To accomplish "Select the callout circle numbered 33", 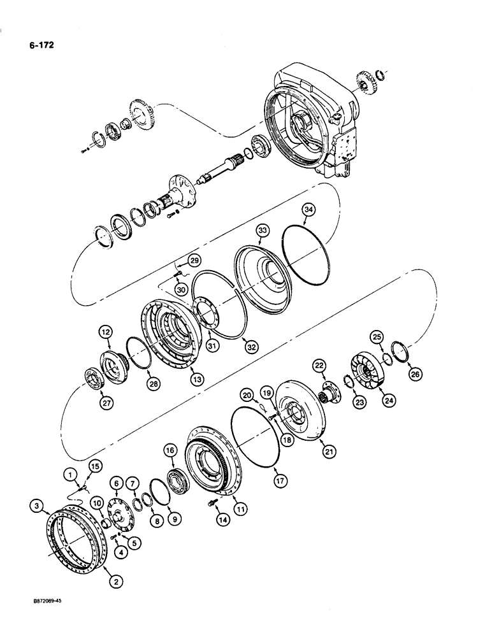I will coord(262,229).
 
